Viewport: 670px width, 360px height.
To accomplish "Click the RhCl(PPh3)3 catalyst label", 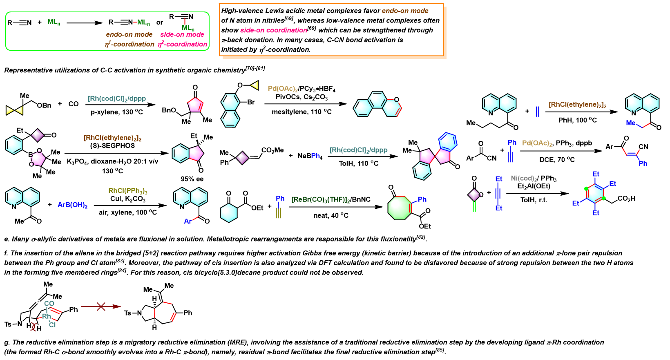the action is [128, 191].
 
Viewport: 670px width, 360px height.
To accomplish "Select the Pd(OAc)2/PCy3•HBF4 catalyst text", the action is [301, 89].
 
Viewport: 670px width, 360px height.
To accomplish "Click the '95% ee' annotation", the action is [192, 179].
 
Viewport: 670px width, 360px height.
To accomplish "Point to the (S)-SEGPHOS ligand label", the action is [112, 146].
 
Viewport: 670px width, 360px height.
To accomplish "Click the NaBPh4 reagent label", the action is [310, 156].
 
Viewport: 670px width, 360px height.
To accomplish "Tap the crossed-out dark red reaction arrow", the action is [101, 306].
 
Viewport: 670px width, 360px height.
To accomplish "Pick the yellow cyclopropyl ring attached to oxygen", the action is [255, 85].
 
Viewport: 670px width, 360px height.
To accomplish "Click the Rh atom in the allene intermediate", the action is [47, 316].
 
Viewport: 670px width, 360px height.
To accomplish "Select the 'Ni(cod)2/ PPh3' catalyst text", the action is [534, 179].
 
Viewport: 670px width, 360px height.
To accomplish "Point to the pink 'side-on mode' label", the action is [182, 34].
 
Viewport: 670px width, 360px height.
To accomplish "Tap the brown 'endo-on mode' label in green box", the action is [129, 34].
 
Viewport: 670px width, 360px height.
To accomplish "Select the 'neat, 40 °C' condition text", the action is [331, 215].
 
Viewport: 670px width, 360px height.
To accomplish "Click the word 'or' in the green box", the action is [160, 22].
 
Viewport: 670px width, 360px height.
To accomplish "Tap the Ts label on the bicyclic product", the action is [128, 313].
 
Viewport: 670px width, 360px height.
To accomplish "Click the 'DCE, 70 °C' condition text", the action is [557, 159].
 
